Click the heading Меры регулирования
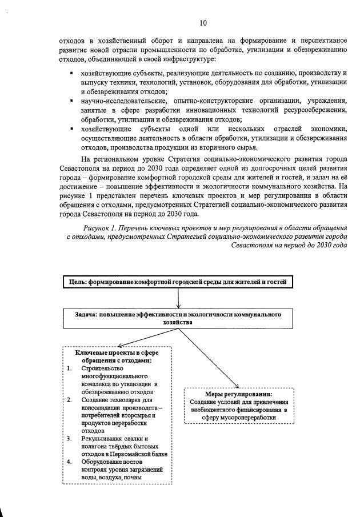pos(239,394)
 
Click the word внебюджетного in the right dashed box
pos(219,410)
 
